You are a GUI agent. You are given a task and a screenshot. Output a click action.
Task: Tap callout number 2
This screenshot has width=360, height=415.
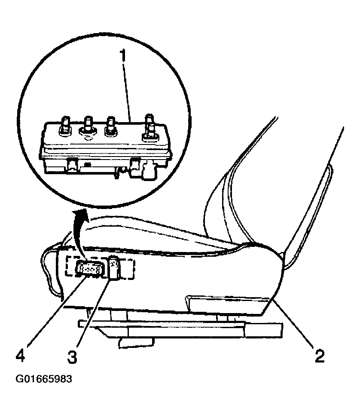tap(320, 356)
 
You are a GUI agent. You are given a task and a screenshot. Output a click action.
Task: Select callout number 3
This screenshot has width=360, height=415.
tap(72, 357)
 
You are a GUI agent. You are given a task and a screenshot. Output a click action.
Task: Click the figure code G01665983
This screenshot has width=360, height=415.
tap(44, 379)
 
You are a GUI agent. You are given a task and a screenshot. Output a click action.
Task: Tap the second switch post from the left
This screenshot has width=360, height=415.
tap(88, 124)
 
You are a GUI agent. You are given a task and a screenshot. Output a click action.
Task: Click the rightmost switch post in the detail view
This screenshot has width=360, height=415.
tap(150, 127)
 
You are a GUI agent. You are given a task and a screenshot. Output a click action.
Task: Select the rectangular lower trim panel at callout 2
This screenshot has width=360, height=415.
tap(228, 304)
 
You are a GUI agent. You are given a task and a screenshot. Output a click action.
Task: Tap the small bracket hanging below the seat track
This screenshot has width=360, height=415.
tap(136, 343)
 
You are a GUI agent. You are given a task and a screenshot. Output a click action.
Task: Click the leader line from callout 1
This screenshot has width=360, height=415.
tap(127, 92)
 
